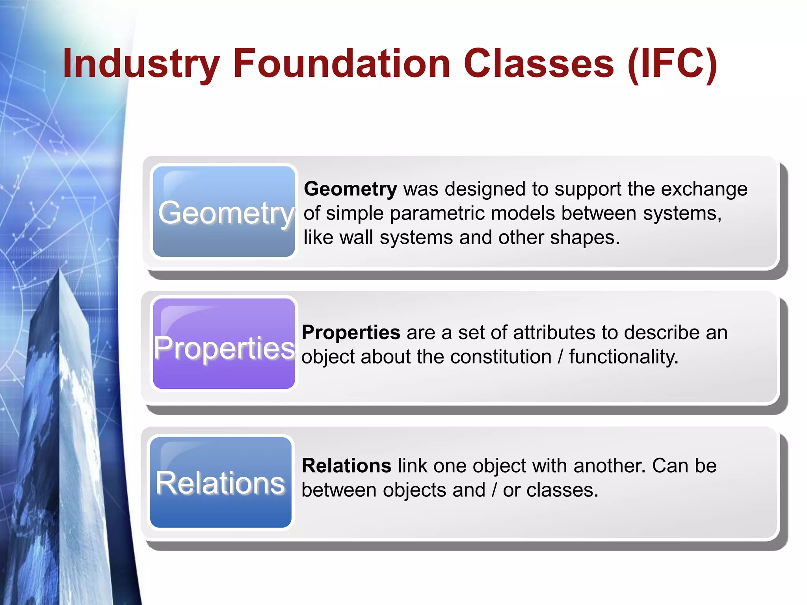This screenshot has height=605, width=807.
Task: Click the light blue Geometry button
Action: tap(224, 212)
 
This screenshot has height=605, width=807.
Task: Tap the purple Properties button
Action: tap(224, 344)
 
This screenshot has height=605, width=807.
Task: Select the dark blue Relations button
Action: tap(221, 482)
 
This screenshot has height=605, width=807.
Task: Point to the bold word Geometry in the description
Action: tap(350, 189)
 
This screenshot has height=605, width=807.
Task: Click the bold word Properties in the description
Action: tap(351, 332)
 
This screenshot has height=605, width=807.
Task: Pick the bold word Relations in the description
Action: tap(346, 466)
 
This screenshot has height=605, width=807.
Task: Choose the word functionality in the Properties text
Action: tap(623, 357)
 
